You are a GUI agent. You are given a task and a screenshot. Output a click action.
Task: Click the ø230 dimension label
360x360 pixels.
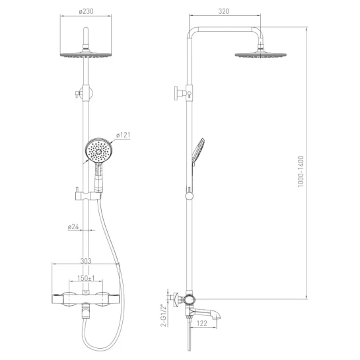(86, 11)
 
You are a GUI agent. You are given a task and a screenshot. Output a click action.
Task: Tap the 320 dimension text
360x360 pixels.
(224, 11)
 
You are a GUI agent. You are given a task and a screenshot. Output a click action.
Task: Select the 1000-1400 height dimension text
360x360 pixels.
(301, 172)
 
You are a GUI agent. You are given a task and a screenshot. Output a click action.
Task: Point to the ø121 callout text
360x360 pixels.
(123, 135)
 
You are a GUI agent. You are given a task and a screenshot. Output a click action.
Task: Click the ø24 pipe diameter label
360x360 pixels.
(73, 227)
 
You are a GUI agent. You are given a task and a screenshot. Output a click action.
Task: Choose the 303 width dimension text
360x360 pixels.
(86, 261)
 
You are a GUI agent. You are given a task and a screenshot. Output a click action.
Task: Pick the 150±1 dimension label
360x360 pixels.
(86, 278)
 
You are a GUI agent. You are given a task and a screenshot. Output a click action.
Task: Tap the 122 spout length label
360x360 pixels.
(202, 323)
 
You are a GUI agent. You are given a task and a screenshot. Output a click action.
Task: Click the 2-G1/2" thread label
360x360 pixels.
(163, 316)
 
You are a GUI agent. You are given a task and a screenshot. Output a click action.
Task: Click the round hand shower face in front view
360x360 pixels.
(98, 151)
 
